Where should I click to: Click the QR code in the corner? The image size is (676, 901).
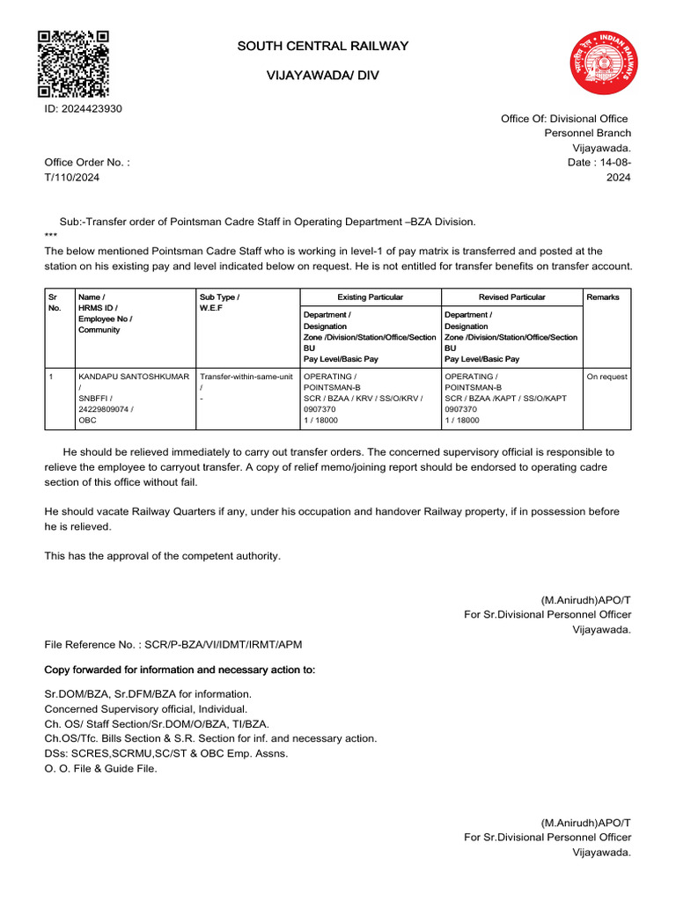click(x=73, y=63)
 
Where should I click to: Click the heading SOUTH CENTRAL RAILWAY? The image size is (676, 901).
click(x=322, y=46)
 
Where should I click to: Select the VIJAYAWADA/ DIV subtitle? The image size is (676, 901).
click(x=322, y=77)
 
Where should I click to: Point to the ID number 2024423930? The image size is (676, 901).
click(x=84, y=109)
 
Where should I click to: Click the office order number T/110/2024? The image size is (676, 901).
click(x=72, y=178)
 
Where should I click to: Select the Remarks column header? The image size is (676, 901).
click(x=603, y=297)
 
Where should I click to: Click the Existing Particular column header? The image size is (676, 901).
click(x=371, y=297)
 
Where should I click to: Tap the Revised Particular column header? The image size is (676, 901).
click(x=511, y=297)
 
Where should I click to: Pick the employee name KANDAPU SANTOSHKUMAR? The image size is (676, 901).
click(x=134, y=377)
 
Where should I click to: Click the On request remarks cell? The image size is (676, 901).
click(x=606, y=377)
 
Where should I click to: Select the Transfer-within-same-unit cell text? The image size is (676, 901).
click(x=246, y=377)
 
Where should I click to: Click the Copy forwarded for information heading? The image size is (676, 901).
click(x=180, y=670)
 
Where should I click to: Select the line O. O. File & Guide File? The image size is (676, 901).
click(x=101, y=768)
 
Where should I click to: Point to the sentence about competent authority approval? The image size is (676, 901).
click(x=163, y=556)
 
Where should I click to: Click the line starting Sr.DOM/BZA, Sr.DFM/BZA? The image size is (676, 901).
click(x=148, y=694)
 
